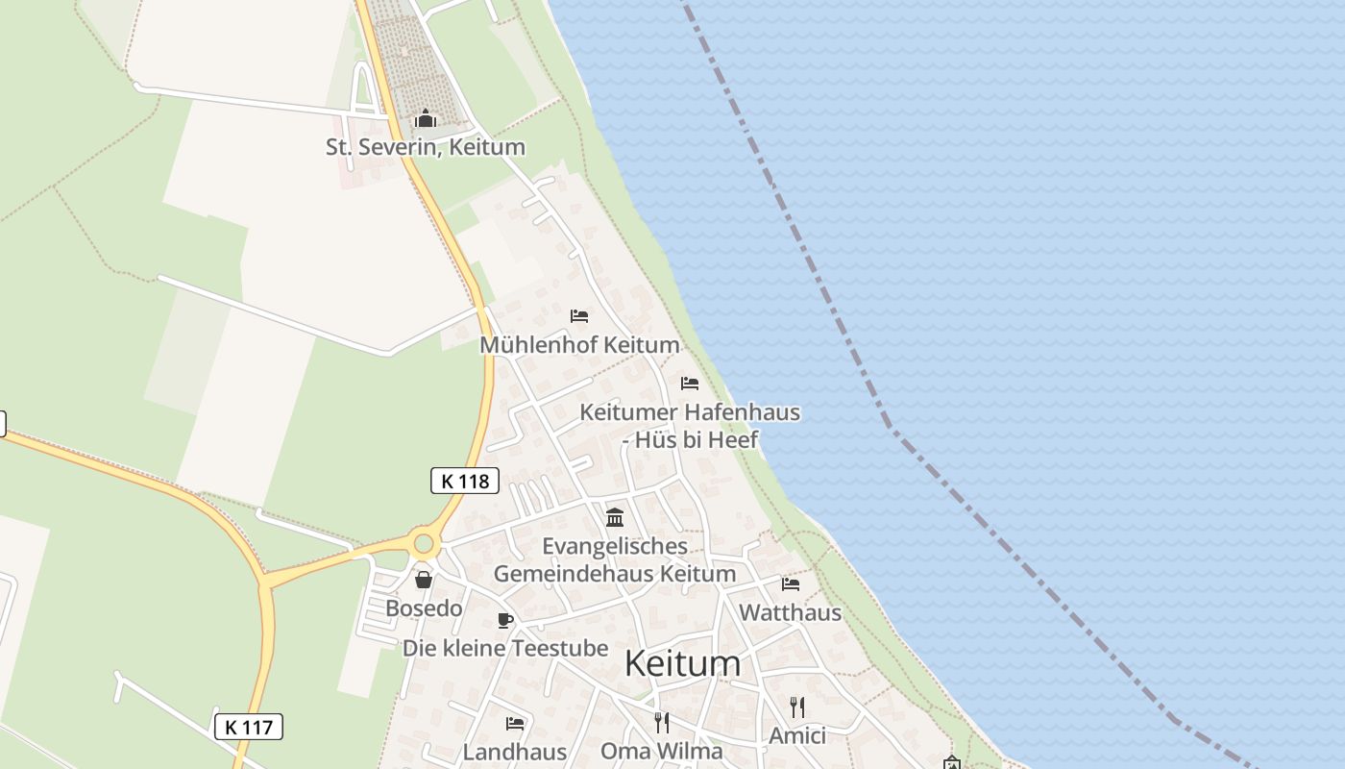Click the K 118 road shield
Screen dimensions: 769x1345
[x=465, y=481]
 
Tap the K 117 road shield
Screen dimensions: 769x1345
[x=248, y=727]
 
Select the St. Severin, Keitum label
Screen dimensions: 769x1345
[x=425, y=147]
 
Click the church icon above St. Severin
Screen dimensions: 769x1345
[x=425, y=119]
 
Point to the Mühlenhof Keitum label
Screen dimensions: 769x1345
[x=579, y=344]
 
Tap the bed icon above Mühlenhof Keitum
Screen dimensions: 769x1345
[x=579, y=315]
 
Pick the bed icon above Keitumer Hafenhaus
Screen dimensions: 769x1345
[x=690, y=383]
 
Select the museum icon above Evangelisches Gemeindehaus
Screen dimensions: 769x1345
[x=615, y=517]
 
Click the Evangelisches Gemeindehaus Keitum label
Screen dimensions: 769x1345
[x=615, y=559]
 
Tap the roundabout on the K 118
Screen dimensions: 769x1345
[x=423, y=545]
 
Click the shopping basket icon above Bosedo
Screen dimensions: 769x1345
[x=423, y=580]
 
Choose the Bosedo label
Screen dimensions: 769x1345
[x=424, y=608]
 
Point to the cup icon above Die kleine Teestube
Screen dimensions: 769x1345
[x=505, y=620]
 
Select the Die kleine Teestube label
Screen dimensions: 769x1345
[x=505, y=648]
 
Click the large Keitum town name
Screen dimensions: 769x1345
[x=683, y=663]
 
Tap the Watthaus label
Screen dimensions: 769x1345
[x=790, y=612]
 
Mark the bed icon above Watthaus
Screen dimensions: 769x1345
[x=790, y=583]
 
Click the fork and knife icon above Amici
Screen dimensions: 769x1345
[x=796, y=707]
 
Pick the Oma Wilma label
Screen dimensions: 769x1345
[x=661, y=751]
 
